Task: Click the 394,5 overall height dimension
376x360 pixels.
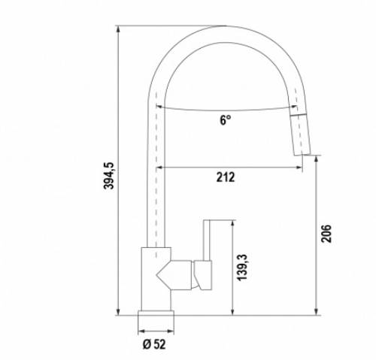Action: coord(109,176)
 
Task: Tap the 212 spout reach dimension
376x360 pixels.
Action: coord(226,177)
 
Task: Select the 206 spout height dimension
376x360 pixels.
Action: coord(326,234)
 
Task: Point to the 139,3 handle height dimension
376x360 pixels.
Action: coord(242,268)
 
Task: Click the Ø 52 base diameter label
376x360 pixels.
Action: coord(154,344)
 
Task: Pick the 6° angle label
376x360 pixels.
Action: coord(226,120)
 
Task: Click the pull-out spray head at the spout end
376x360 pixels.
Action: coord(300,135)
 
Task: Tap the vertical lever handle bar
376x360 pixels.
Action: coord(206,241)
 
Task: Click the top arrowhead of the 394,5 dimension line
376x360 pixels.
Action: coord(118,29)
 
